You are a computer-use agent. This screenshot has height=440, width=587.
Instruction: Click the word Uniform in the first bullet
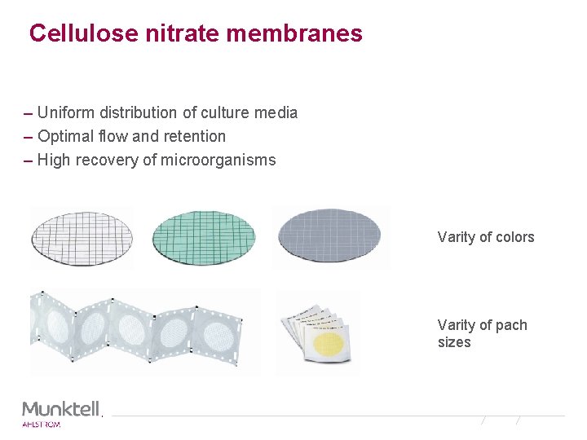[x=64, y=112]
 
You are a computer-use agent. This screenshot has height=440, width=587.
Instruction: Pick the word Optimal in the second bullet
[x=64, y=136]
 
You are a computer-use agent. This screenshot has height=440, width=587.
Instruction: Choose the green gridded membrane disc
[x=204, y=236]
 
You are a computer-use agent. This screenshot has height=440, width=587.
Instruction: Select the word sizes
[x=454, y=342]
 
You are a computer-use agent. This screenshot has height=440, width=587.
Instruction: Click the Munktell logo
[x=61, y=408]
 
